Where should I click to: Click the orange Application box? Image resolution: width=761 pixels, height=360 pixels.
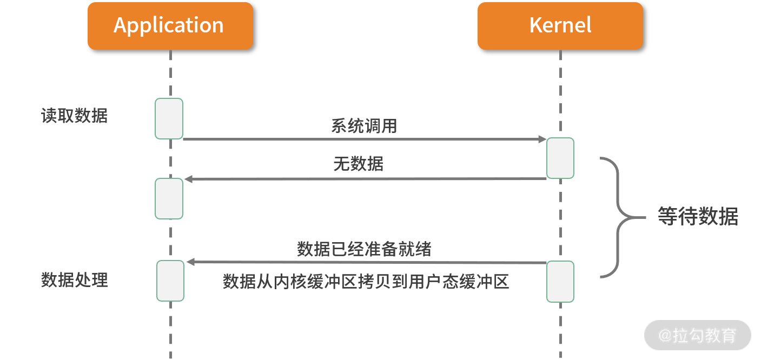[170, 26]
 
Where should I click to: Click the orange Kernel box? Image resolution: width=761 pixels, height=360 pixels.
[560, 26]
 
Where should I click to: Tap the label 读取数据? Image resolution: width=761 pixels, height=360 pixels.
[75, 116]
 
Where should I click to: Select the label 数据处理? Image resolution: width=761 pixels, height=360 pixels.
[75, 280]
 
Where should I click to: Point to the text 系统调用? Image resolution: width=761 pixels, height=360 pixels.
[364, 126]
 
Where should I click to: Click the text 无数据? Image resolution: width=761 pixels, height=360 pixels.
[359, 164]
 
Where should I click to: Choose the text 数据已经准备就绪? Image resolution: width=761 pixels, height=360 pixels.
[364, 249]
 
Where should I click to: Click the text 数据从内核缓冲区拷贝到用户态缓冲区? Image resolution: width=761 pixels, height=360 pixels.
[366, 282]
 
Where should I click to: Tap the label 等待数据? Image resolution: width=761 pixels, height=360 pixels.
[698, 216]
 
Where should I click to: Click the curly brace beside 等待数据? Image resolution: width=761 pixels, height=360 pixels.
[623, 217]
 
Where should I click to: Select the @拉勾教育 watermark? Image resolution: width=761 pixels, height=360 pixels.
[698, 335]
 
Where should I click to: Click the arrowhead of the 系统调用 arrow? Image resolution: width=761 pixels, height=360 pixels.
[542, 139]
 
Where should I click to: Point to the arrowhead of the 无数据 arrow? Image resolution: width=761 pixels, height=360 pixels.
[189, 179]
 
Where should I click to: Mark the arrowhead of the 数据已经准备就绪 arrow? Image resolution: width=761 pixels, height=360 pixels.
[190, 262]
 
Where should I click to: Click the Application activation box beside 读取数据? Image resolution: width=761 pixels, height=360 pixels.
[169, 119]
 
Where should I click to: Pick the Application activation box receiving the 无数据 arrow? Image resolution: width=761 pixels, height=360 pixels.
[169, 199]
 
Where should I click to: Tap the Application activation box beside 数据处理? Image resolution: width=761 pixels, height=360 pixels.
[170, 281]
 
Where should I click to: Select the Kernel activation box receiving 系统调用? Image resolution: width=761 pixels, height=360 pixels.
[560, 158]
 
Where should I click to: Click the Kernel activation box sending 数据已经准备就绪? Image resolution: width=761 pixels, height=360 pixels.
[560, 282]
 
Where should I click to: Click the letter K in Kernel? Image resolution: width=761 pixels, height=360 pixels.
[536, 25]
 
